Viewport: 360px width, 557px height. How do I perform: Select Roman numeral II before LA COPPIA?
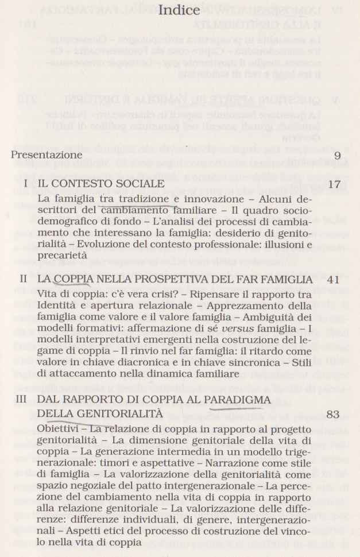pyautogui.click(x=24, y=279)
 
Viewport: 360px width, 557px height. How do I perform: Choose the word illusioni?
pyautogui.click(x=285, y=244)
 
